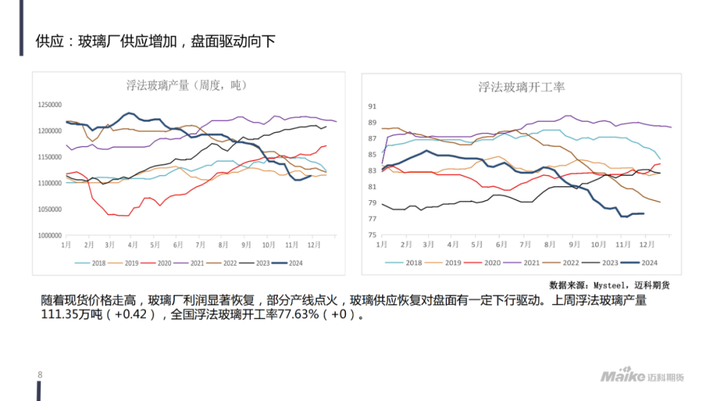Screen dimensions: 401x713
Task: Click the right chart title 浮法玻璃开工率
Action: click(521, 87)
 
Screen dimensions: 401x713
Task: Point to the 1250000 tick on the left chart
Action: click(50, 105)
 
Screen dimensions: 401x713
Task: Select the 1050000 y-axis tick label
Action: click(50, 209)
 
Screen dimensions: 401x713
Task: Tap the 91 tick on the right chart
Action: click(372, 106)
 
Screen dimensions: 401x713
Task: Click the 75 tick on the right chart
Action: click(372, 235)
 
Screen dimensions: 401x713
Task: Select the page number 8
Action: click(40, 375)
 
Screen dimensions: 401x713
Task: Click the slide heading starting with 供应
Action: click(155, 42)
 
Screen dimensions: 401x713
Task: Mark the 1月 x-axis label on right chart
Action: click(382, 245)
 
